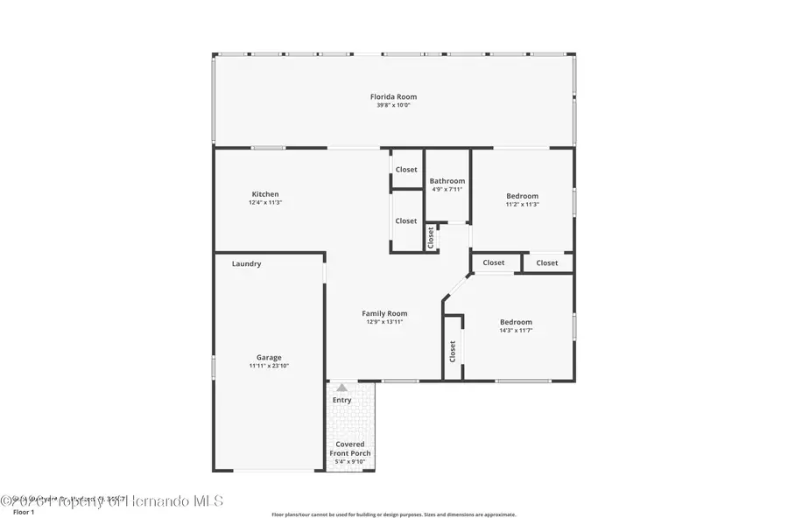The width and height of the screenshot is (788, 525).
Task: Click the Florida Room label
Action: (393, 96)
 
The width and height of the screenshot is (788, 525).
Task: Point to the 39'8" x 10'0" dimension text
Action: (393, 105)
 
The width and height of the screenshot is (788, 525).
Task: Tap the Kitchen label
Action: (265, 194)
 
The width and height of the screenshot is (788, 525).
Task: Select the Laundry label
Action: (246, 263)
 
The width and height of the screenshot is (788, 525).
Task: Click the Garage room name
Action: (269, 357)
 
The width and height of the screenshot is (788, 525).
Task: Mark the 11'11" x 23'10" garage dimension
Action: (269, 366)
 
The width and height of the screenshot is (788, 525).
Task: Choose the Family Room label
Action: (385, 313)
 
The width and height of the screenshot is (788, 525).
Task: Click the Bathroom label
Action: (447, 181)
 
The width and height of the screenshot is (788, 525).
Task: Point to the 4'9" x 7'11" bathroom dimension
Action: (447, 189)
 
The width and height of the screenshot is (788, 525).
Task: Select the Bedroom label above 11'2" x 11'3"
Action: (523, 196)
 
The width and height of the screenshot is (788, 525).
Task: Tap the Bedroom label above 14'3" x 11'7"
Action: (516, 321)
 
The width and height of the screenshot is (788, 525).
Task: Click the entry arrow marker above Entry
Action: (341, 387)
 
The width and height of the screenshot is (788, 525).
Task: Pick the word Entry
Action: (341, 400)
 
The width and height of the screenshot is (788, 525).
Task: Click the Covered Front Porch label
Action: (349, 449)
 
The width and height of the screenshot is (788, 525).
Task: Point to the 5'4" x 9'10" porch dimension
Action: (349, 462)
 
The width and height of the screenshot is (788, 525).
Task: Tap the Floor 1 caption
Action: (23, 512)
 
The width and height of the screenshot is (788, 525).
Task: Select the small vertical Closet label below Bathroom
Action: (431, 237)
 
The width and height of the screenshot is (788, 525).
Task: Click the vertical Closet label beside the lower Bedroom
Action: (453, 351)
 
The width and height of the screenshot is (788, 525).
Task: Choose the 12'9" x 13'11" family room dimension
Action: (385, 322)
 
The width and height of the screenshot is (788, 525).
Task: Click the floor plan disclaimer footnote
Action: (393, 514)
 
